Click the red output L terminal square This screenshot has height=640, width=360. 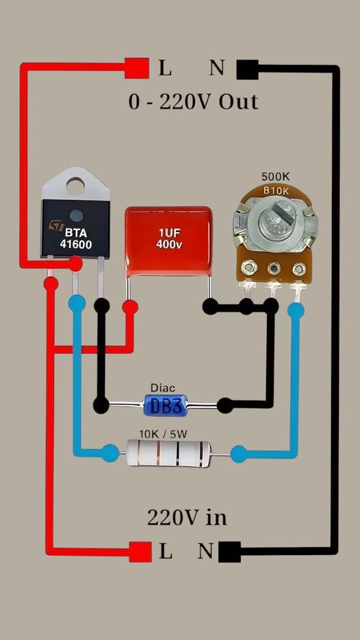coord(137,68)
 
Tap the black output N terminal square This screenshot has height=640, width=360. coord(247,68)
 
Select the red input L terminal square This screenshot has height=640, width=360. coord(140,551)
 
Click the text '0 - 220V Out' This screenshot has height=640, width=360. coord(194,102)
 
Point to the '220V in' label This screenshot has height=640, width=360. coord(187,517)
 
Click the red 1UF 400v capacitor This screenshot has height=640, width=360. coord(168,243)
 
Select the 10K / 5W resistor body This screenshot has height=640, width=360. coord(168,452)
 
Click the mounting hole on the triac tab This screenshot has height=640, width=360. coord(75,183)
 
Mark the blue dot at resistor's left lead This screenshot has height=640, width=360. coord(110,452)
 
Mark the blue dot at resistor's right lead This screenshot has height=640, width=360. coord(238,453)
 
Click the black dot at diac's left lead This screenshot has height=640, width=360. coord(101,405)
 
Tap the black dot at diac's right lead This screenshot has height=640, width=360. coord(224,406)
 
